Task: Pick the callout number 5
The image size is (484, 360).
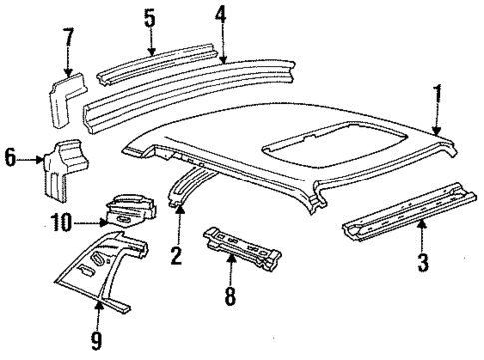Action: [149, 17]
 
